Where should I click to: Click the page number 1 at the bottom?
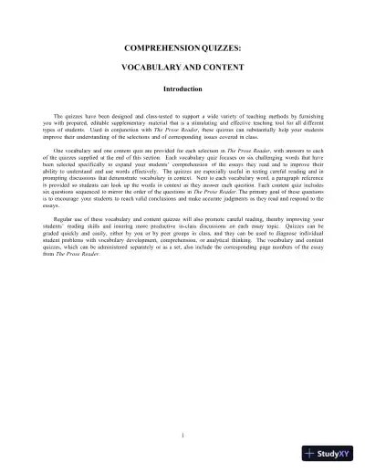coord(182,435)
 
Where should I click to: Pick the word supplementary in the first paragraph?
coord(148,124)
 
